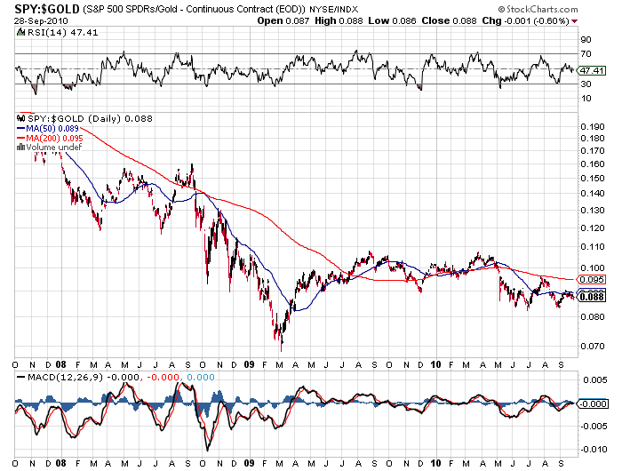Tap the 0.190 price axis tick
point(592,127)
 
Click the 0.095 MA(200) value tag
point(591,279)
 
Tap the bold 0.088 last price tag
point(592,297)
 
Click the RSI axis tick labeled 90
point(586,40)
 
